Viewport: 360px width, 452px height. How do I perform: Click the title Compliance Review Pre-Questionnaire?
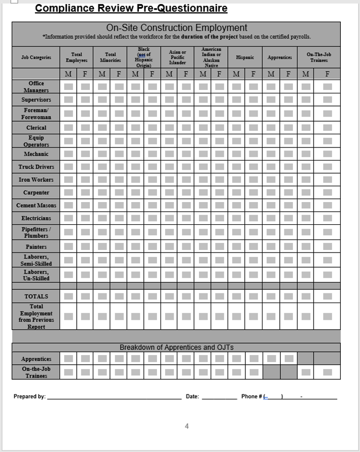pos(131,8)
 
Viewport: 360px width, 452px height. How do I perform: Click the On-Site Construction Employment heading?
pos(176,28)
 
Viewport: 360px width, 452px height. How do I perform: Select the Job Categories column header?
pos(36,58)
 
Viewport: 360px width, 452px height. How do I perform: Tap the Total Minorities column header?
pos(110,58)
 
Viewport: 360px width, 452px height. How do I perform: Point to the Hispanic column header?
pos(245,58)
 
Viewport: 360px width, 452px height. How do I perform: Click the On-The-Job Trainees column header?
pos(319,58)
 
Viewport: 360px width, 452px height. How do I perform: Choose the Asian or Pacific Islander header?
pos(177,58)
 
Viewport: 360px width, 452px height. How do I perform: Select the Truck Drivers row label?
pos(36,167)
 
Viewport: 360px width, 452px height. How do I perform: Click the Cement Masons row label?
pos(36,206)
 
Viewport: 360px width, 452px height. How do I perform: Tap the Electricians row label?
pos(36,218)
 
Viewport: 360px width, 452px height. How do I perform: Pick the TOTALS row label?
pos(36,296)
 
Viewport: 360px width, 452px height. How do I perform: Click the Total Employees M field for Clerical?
pos(69,128)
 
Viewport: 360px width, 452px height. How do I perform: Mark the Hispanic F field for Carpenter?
pos(253,192)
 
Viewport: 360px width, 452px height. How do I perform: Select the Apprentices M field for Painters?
pos(271,246)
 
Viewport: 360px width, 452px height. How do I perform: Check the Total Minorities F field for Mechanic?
pos(119,154)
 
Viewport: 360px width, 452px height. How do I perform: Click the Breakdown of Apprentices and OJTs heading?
pos(176,347)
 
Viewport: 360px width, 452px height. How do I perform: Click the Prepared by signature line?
pos(114,397)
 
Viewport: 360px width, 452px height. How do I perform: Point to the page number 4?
pos(187,426)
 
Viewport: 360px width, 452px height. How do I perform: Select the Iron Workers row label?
pos(36,180)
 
